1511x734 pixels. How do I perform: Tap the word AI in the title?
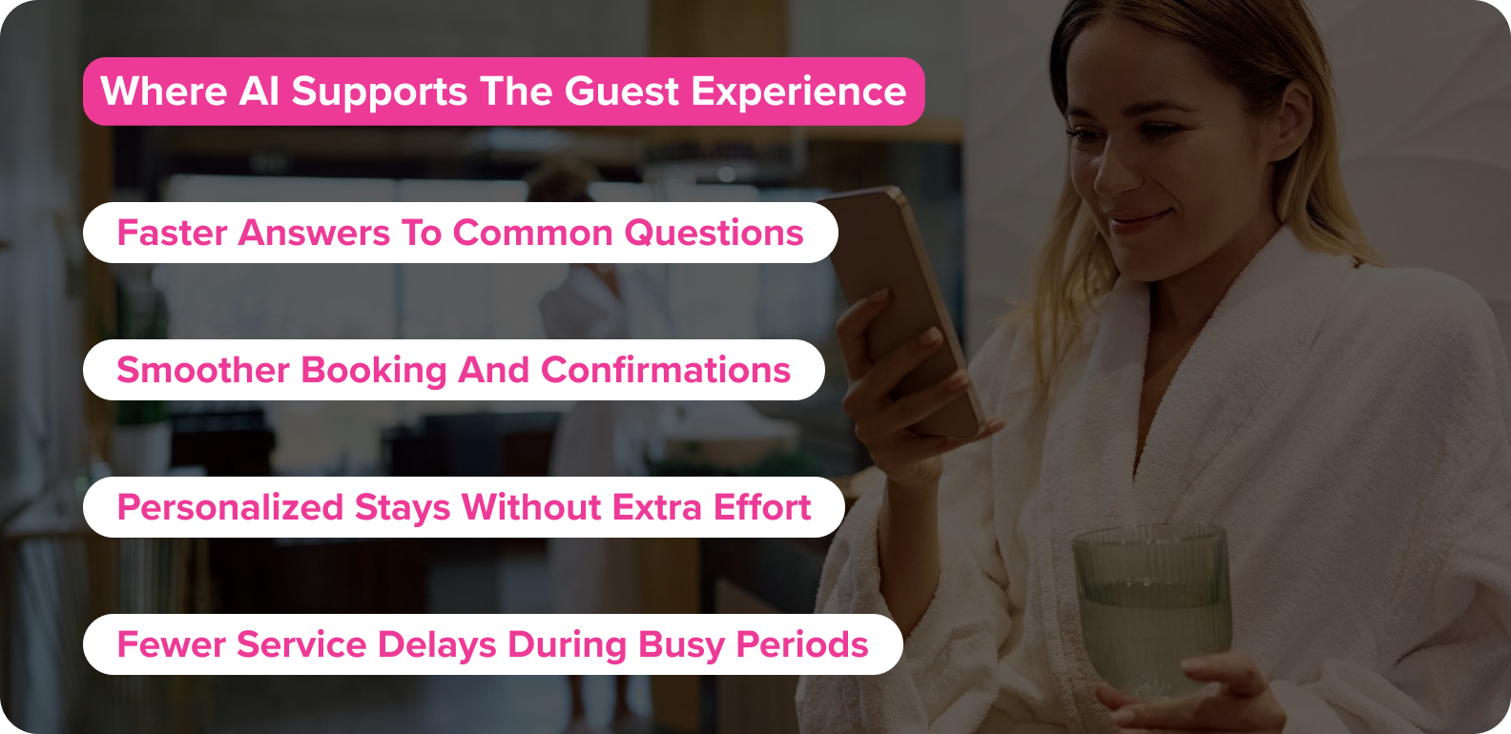(x=259, y=92)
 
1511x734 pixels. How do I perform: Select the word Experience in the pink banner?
(x=798, y=92)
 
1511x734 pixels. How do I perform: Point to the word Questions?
(x=714, y=233)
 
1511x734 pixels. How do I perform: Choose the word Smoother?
(x=202, y=370)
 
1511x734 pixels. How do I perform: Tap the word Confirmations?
(x=666, y=370)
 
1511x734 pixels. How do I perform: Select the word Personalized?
(x=230, y=507)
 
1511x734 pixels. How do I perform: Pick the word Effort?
(x=762, y=507)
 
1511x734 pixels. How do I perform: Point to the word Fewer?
(x=171, y=644)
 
